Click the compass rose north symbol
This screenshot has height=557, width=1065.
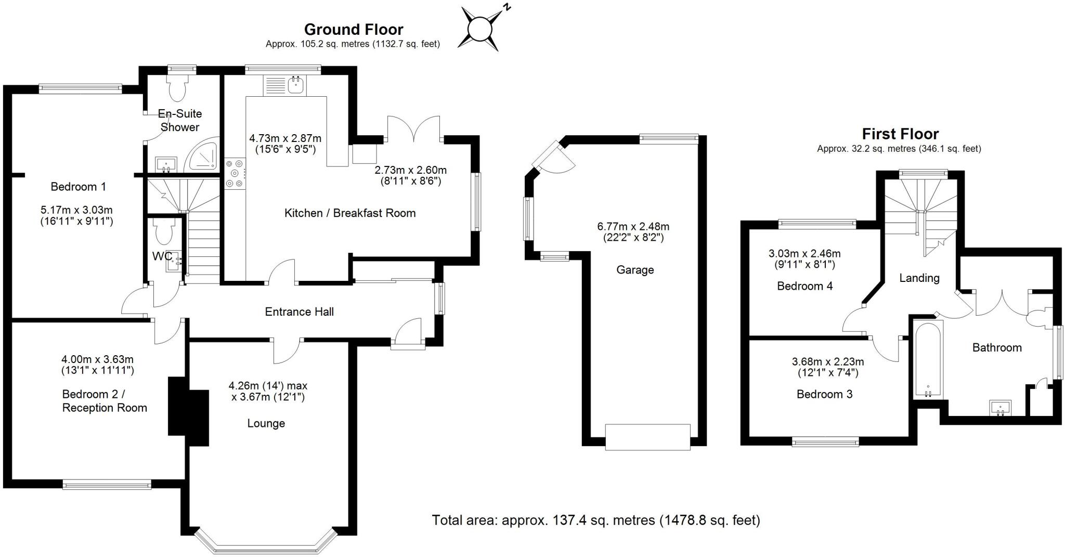[479, 29]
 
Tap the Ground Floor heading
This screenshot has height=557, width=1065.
[353, 29]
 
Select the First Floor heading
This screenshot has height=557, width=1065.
[900, 134]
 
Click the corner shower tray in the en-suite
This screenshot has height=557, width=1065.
[203, 156]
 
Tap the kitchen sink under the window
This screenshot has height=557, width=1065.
[296, 85]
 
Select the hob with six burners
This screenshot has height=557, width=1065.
[235, 173]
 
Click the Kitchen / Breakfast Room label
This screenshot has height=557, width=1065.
[349, 213]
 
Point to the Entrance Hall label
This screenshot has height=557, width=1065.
[299, 312]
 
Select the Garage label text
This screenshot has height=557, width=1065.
[635, 270]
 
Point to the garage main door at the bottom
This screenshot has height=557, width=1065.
[647, 436]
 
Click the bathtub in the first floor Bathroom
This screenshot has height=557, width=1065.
[929, 359]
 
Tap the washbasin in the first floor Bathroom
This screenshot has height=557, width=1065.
[999, 408]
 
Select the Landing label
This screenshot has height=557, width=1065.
[919, 278]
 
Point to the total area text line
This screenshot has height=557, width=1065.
[596, 520]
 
